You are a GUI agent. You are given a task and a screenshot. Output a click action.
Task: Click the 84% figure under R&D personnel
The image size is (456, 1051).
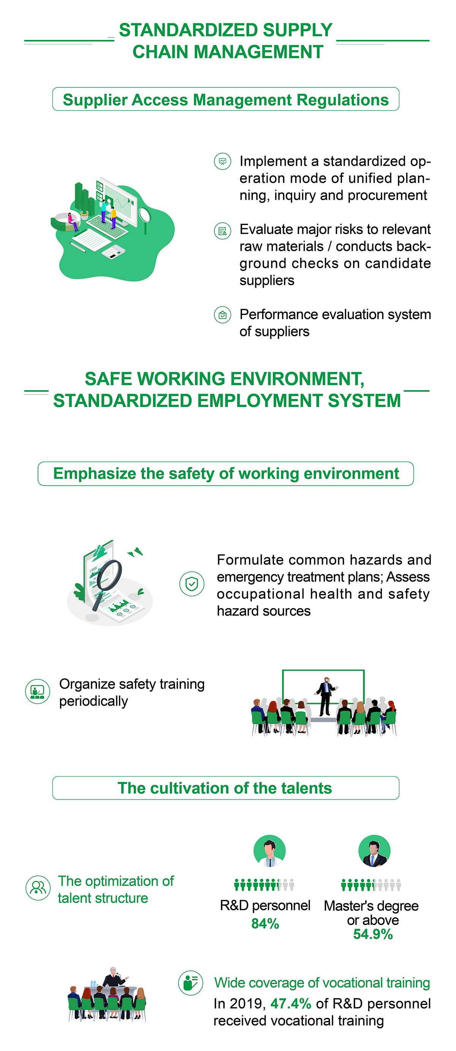pyautogui.click(x=265, y=923)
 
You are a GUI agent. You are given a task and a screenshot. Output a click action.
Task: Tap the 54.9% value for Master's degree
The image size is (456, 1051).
pyautogui.click(x=373, y=934)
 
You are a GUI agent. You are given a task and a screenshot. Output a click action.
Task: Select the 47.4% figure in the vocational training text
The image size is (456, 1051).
pyautogui.click(x=291, y=1003)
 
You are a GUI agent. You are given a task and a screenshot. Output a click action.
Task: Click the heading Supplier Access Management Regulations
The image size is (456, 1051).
pyautogui.click(x=226, y=100)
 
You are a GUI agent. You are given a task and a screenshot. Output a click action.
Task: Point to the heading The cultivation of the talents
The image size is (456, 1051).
pyautogui.click(x=225, y=788)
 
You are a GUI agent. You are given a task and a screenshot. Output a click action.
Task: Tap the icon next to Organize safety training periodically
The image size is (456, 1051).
pyautogui.click(x=38, y=692)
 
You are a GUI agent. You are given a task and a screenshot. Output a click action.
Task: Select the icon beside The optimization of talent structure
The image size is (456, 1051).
pyautogui.click(x=38, y=888)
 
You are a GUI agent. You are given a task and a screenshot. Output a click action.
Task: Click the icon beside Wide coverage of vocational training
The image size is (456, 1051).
pyautogui.click(x=190, y=983)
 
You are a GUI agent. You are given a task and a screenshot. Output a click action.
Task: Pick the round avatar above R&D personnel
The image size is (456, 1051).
pyautogui.click(x=269, y=851)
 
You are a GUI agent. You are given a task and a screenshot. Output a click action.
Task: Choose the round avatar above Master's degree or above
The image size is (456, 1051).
pyautogui.click(x=374, y=851)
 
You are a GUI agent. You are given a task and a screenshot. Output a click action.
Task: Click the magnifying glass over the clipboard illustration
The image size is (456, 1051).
pyautogui.click(x=107, y=581)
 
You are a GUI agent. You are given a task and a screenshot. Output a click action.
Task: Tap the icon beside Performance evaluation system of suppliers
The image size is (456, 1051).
pyautogui.click(x=223, y=315)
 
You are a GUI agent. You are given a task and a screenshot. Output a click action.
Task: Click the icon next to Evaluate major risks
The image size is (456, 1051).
pyautogui.click(x=223, y=231)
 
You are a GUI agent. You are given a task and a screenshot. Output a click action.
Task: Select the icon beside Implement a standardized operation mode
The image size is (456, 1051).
pyautogui.click(x=223, y=161)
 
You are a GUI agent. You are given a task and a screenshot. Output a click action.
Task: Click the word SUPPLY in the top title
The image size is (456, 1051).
pyautogui.click(x=297, y=30)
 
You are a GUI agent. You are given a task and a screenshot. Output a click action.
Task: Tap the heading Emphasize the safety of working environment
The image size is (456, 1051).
pyautogui.click(x=226, y=474)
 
